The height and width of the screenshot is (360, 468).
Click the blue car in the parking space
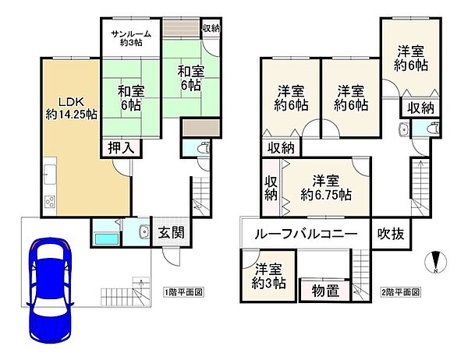(x=48, y=289)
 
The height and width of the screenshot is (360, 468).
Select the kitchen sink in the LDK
(x=48, y=174)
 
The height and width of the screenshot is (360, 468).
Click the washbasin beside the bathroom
(x=144, y=231)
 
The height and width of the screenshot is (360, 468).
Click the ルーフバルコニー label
(x=307, y=233)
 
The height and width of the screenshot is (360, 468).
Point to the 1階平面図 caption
(x=183, y=292)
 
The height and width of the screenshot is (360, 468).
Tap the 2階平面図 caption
(x=401, y=292)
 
